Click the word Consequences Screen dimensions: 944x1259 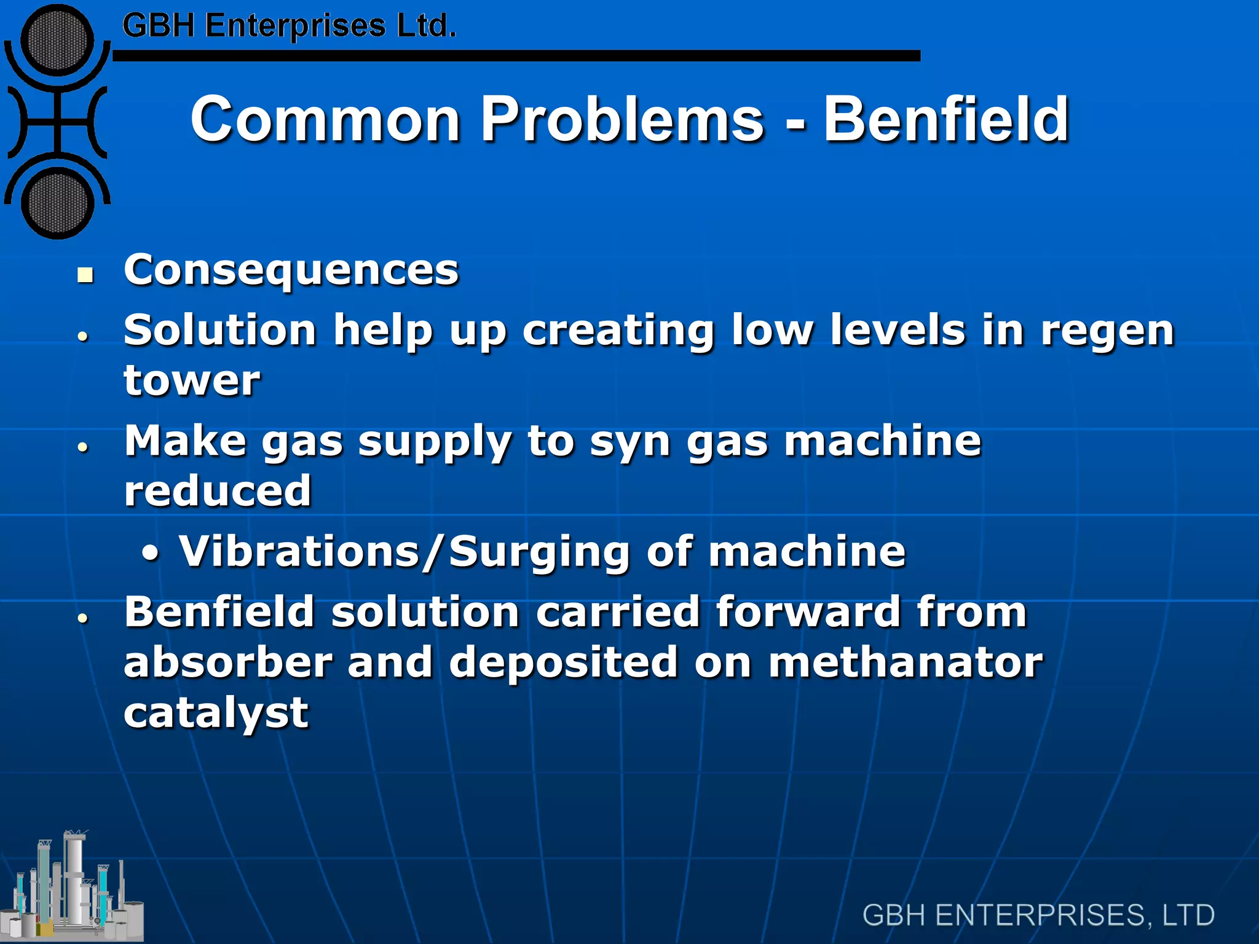(291, 270)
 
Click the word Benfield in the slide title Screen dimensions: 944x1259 (946, 119)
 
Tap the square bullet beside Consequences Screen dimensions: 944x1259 (85, 275)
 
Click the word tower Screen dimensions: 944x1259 (192, 380)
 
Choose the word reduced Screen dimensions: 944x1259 (218, 491)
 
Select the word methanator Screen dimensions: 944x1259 (905, 663)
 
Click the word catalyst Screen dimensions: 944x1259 (216, 713)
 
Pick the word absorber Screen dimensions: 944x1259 (228, 663)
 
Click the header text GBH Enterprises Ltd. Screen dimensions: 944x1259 (289, 26)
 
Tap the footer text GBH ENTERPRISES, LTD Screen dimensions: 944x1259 (1038, 915)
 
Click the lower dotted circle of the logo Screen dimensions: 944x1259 (57, 203)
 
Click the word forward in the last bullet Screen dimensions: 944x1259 (808, 612)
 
